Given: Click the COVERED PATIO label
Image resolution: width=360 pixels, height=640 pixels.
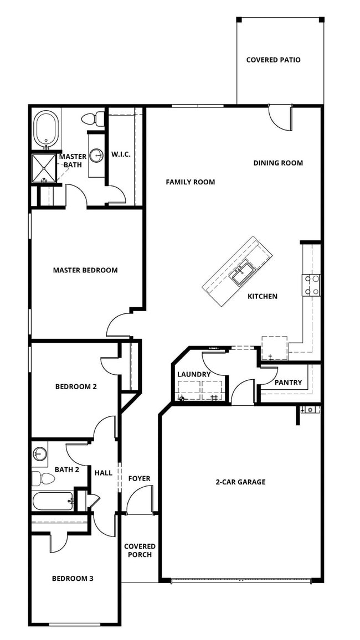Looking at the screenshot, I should (x=273, y=60).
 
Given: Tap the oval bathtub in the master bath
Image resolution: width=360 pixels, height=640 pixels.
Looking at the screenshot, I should (x=46, y=128).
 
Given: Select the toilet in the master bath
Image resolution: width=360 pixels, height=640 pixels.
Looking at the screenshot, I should (x=94, y=118).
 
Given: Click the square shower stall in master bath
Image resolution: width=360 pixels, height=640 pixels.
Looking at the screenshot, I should (x=44, y=168).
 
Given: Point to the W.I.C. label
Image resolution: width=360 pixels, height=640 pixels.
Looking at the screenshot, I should (x=121, y=154).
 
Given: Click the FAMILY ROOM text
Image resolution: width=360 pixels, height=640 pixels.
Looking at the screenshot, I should (x=190, y=182).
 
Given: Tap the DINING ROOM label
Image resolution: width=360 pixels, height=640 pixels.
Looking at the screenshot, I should (x=278, y=163).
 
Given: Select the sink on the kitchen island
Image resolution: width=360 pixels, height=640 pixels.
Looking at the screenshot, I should (x=242, y=272).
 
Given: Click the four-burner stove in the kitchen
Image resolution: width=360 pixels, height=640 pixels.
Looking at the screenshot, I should (x=311, y=285).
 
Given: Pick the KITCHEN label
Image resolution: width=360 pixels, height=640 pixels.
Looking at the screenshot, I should (x=262, y=296).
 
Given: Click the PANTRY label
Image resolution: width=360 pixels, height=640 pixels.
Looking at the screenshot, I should (x=288, y=382).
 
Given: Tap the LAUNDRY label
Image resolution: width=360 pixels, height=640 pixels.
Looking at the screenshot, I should (x=193, y=374).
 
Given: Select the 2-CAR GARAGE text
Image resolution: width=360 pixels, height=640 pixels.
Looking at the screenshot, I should (x=240, y=482).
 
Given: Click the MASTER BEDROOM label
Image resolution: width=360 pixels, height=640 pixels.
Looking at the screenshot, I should (x=85, y=270).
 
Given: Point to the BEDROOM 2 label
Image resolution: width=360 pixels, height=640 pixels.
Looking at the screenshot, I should (x=76, y=386).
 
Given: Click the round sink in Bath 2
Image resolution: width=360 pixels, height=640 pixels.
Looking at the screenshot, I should (x=39, y=455).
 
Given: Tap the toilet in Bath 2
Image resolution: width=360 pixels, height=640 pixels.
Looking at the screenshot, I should (x=41, y=478).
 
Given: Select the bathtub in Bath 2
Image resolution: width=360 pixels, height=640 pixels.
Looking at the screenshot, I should (x=53, y=501).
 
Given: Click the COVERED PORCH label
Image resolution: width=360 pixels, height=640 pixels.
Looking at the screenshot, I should (x=140, y=550).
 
